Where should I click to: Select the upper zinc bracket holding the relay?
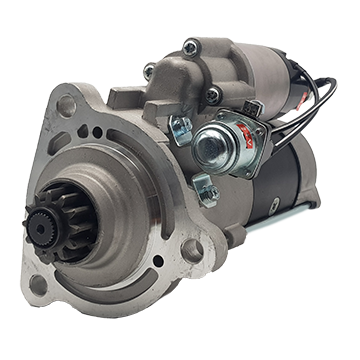point(181,127)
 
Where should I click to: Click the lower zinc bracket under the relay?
point(202,186)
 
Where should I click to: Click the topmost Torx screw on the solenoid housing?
point(190,45)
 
